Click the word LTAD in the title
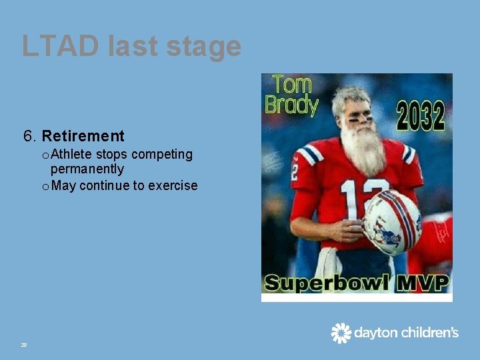59,47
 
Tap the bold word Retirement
83,137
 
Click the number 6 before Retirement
29,137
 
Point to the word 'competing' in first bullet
162,155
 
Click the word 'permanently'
87,169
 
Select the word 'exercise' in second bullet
173,185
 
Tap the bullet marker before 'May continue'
45,186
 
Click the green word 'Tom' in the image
292,85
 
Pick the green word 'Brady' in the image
291,105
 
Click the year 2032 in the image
420,115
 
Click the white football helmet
391,222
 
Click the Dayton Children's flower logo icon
341,333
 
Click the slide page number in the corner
24,345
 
